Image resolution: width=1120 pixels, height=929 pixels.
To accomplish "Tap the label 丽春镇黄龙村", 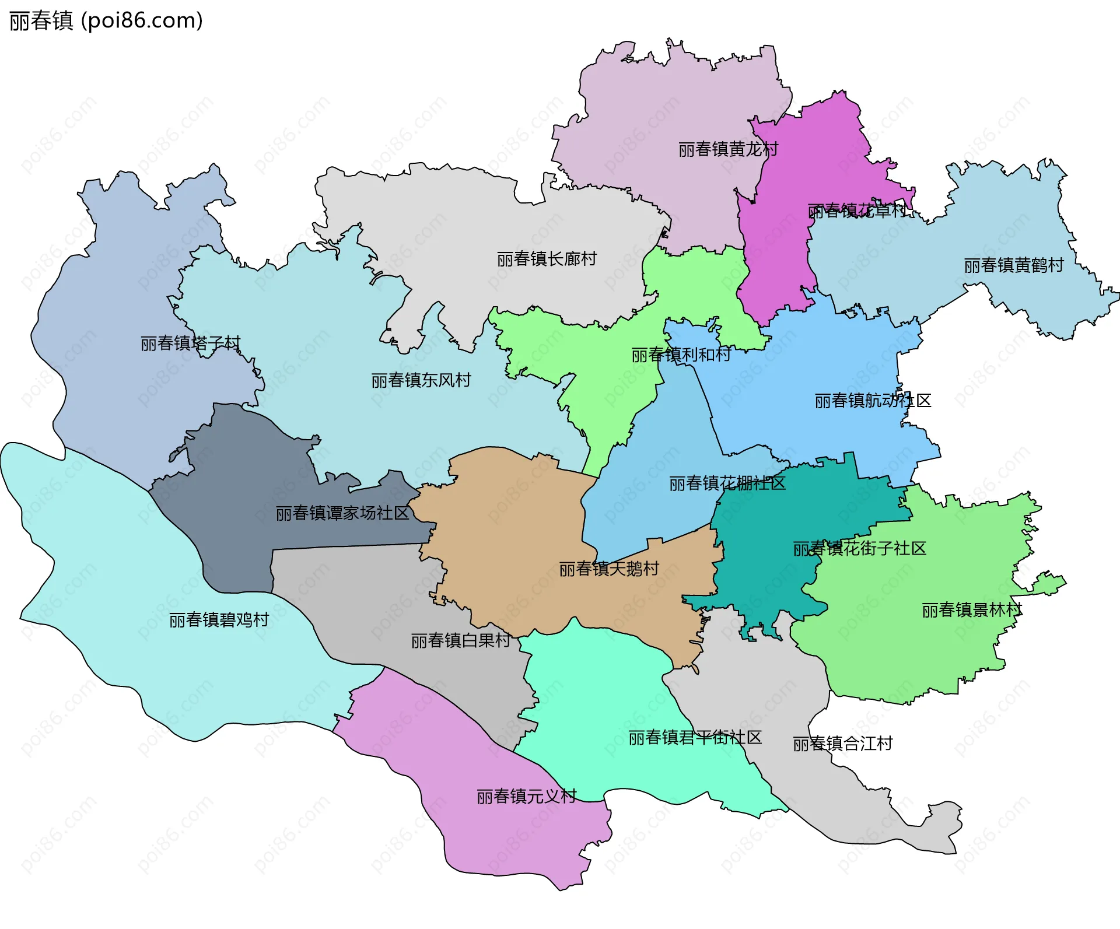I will pos(728,150).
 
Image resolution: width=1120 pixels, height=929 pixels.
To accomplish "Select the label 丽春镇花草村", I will pos(856,211).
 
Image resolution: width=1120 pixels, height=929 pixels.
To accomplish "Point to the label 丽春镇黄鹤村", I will pos(1014,266).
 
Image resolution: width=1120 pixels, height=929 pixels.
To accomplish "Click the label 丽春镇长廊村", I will pos(547,259).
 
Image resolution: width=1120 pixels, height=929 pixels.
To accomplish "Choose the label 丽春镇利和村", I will pos(681,355).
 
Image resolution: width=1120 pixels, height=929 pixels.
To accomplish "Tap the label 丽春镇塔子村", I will pos(190,343).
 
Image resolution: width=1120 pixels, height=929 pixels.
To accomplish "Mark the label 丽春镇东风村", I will pos(421,381).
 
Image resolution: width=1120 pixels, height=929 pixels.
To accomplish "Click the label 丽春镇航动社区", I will pos(873,401).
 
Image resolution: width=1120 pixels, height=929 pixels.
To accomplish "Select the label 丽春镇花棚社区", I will pos(727,483).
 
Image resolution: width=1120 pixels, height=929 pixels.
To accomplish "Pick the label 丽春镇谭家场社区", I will pos(342,513).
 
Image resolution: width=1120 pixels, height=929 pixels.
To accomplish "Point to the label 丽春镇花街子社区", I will pos(859,549).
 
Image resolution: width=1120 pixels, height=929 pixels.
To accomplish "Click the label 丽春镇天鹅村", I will pos(609,569).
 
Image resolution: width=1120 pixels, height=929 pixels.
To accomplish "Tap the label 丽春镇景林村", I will pos(972,611).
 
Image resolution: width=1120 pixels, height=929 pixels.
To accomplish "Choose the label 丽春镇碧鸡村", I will pos(219,620).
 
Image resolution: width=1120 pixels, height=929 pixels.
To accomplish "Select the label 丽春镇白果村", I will pos(461,641).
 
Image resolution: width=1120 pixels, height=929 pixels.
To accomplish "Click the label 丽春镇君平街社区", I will pos(695,738).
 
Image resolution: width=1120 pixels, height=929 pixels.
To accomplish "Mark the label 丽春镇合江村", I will pos(842,744).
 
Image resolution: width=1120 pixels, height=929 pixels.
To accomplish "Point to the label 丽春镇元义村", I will pos(526,797).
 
